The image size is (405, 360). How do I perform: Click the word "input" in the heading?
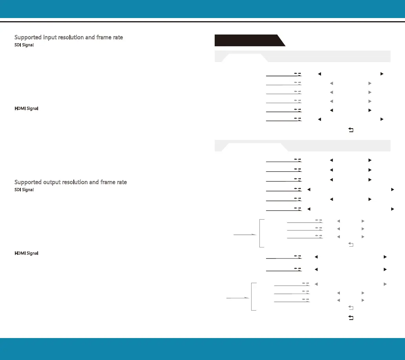(x=50, y=37)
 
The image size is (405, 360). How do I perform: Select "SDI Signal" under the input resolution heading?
(x=24, y=45)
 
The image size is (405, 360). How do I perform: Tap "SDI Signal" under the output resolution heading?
(x=24, y=190)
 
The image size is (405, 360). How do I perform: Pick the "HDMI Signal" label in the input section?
(x=26, y=108)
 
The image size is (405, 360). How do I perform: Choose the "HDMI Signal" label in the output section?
(x=26, y=253)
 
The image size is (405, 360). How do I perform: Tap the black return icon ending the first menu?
(x=351, y=130)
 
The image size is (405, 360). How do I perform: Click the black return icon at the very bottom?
(x=351, y=318)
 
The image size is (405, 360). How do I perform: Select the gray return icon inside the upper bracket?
(x=351, y=244)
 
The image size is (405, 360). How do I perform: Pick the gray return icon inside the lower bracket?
(x=351, y=307)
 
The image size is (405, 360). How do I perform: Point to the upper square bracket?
(x=260, y=233)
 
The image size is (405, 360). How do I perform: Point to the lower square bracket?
(x=252, y=297)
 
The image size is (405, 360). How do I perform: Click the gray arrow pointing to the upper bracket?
(x=245, y=235)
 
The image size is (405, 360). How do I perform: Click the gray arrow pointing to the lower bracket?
(x=238, y=298)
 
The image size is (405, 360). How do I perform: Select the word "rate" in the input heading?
(x=118, y=37)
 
